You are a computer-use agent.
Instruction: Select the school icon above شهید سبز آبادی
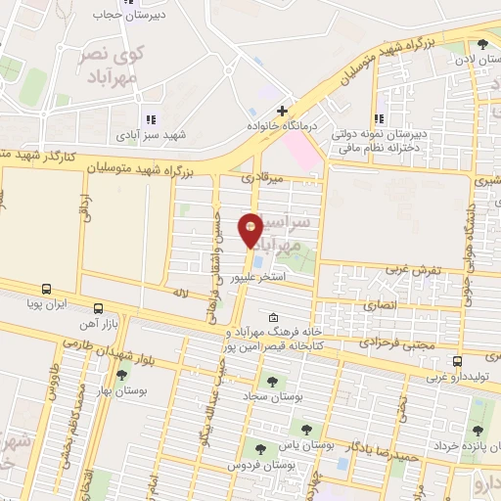pos(151,119)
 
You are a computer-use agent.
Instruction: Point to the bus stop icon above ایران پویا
pos(45,290)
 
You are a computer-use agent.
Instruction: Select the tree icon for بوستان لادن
pos(481,45)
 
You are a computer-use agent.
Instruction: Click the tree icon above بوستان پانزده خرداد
pos(478,432)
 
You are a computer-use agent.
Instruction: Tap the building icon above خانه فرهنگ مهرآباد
pos(272,317)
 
